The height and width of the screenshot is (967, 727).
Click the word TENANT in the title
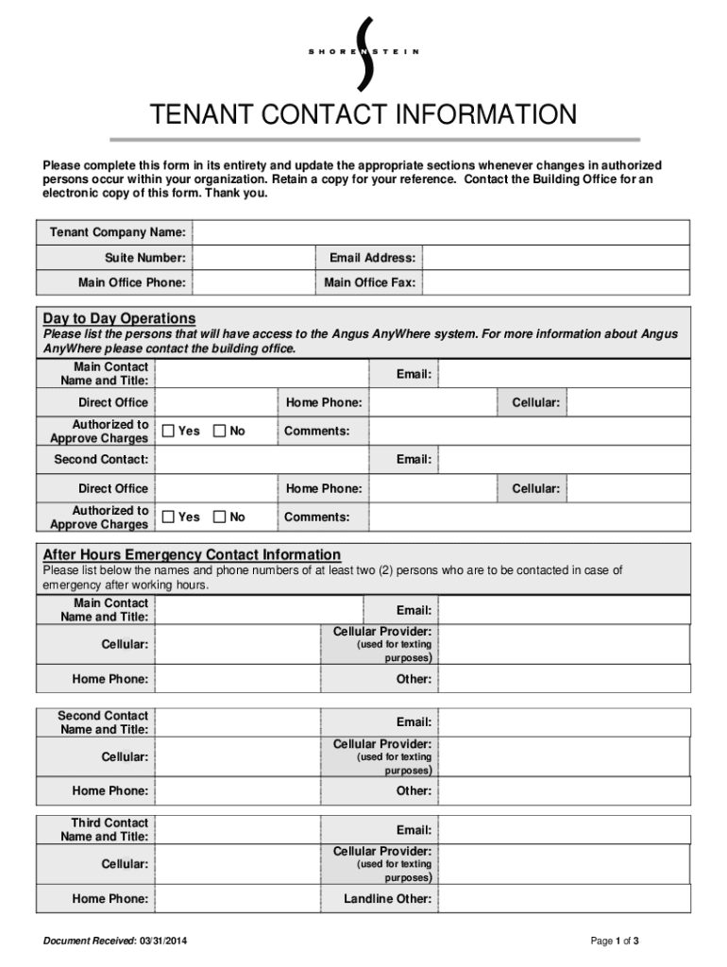[x=195, y=115]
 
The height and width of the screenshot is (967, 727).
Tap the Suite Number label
[x=144, y=258]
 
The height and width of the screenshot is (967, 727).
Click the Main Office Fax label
[x=369, y=282]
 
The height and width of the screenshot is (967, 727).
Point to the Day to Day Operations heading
[x=119, y=318]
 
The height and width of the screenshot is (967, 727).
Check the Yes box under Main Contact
[x=169, y=432]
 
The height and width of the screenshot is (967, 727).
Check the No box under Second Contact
[x=220, y=517]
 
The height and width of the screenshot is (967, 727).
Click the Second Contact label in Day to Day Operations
[x=101, y=460]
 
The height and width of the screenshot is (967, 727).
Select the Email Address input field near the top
[x=555, y=258]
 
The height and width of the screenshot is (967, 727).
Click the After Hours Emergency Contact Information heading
[x=192, y=554]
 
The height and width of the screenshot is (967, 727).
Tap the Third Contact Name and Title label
[x=104, y=829]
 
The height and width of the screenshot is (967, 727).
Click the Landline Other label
[x=387, y=899]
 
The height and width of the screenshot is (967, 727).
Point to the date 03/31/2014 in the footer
[x=169, y=941]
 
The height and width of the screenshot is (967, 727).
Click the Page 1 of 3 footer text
[x=615, y=941]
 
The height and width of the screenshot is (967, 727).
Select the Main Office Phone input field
[x=252, y=282]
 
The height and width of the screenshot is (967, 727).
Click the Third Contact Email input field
[x=564, y=830]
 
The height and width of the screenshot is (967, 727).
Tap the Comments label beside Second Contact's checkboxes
[x=316, y=517]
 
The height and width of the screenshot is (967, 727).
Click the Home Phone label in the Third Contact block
[x=110, y=899]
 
